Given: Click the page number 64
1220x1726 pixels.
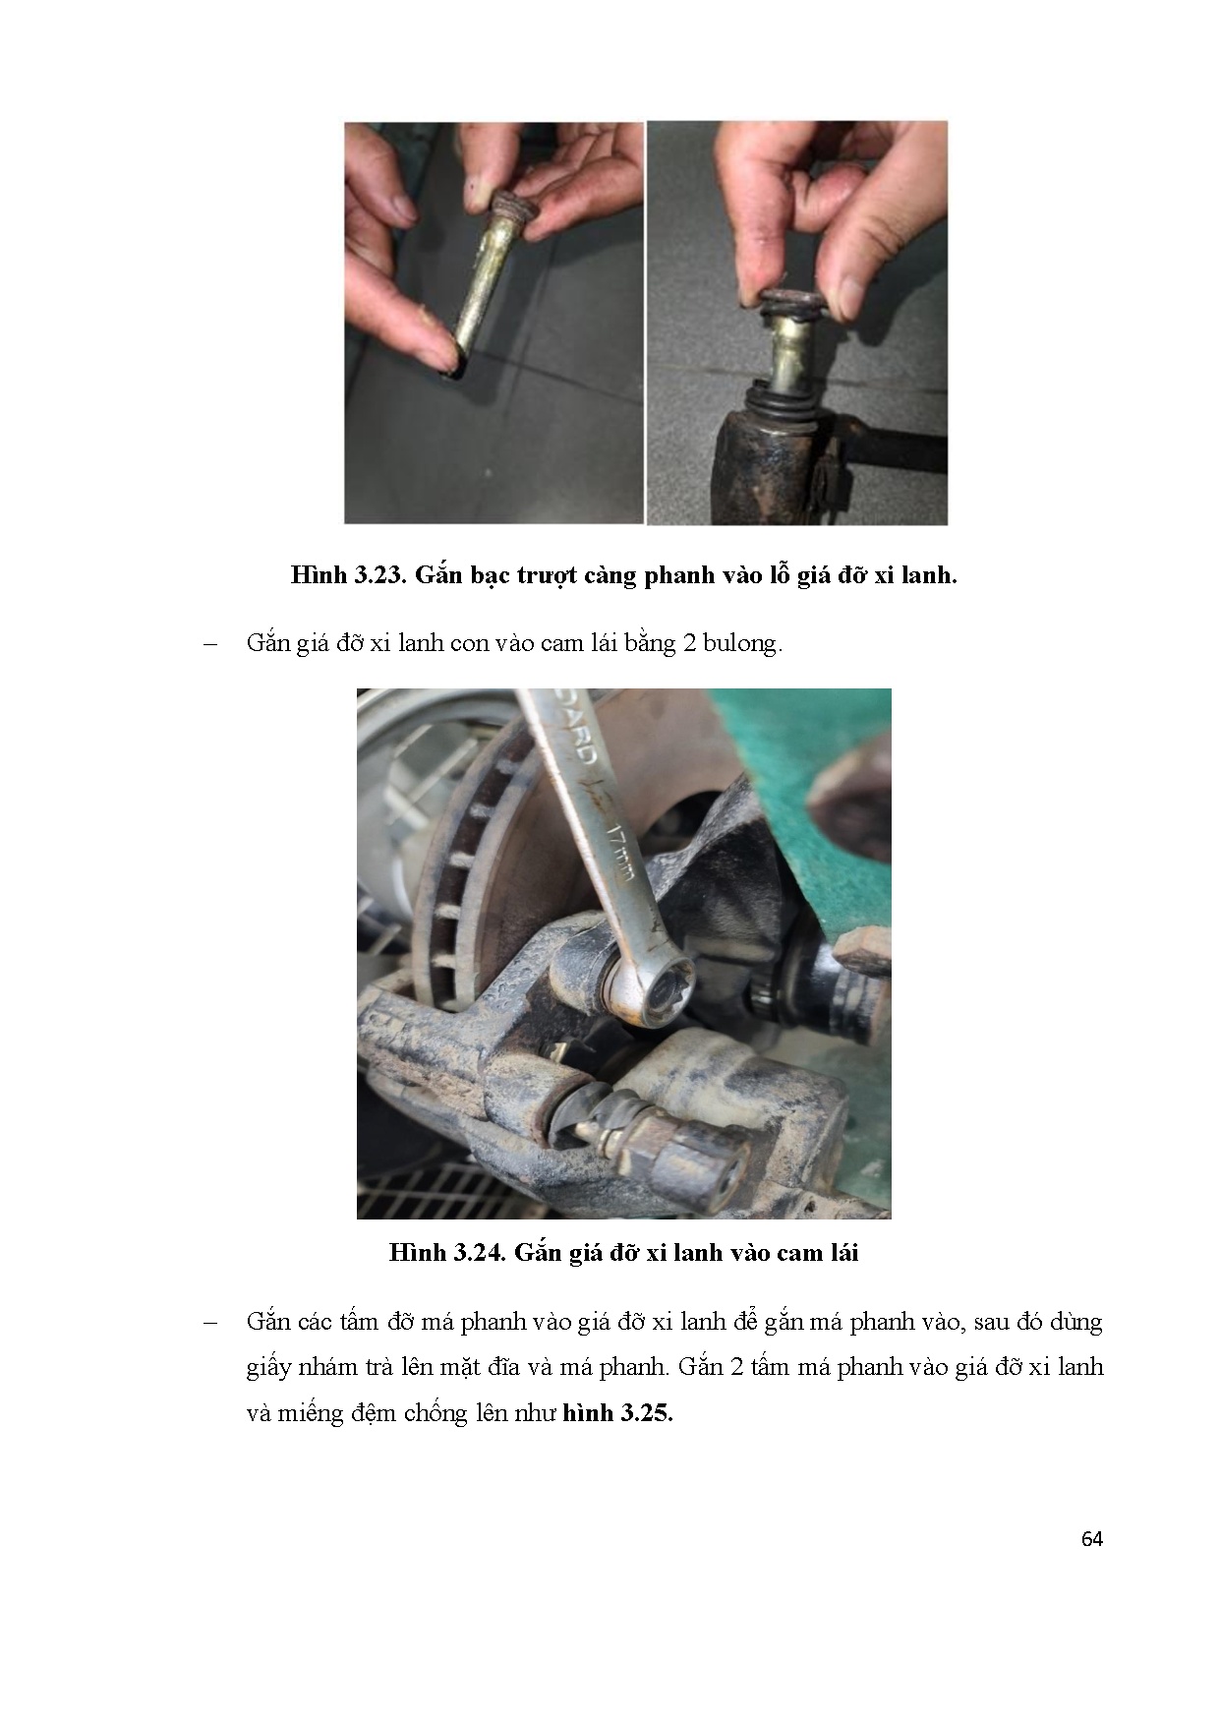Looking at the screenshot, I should (1091, 1539).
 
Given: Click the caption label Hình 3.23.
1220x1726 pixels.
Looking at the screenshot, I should (348, 575).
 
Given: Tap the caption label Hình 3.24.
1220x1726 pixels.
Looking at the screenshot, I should (446, 1253).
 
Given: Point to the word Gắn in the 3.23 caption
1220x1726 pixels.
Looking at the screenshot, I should (438, 575).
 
